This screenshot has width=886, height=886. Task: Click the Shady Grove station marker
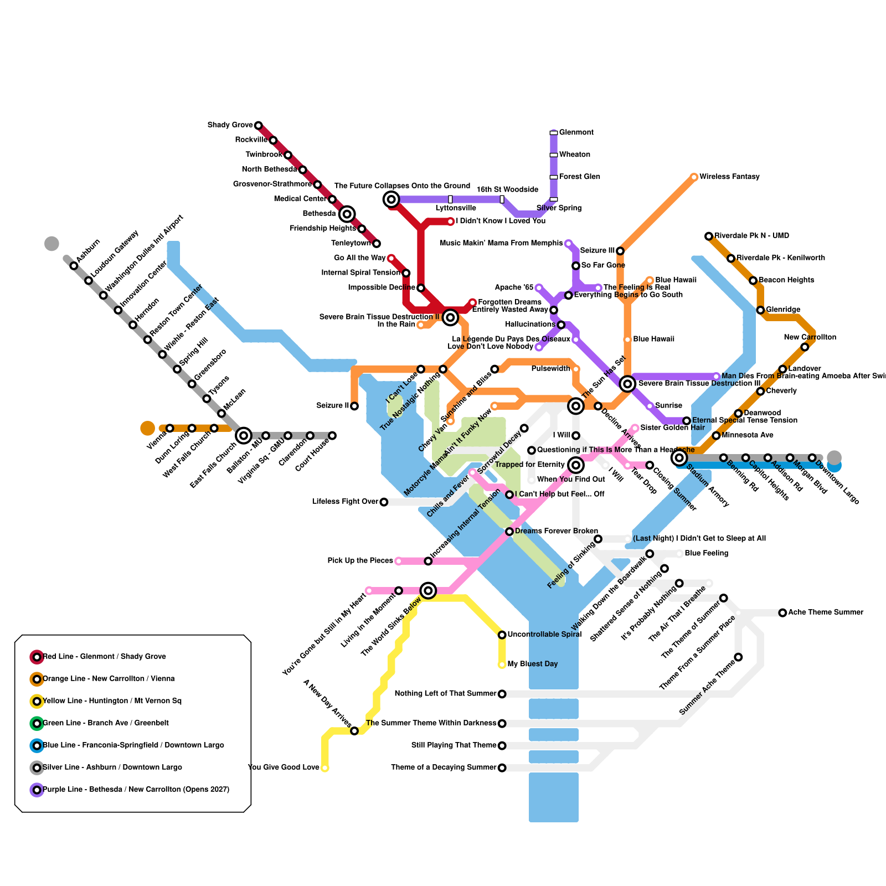258,126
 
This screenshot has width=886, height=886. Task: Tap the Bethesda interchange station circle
347,214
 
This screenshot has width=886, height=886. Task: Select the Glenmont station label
576,132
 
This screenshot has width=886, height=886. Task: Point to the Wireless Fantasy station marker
694,177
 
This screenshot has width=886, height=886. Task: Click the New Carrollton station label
810,337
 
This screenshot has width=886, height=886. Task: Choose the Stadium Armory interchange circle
679,458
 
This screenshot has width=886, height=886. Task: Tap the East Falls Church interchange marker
244,436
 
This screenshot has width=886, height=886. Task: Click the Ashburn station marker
74,266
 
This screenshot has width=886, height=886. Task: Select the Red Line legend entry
104,657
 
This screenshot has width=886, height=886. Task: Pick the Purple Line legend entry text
136,790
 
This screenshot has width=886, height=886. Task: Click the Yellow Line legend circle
37,701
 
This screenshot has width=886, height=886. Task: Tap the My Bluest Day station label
532,664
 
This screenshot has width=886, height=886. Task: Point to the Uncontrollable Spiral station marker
502,635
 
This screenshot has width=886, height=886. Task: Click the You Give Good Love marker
325,768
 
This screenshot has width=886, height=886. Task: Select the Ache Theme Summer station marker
782,613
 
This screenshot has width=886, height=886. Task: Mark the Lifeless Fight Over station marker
384,502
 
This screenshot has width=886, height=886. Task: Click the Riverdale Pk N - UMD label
751,236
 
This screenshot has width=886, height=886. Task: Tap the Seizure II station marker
354,406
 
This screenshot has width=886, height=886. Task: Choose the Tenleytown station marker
377,244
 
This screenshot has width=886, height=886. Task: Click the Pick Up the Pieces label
360,561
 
